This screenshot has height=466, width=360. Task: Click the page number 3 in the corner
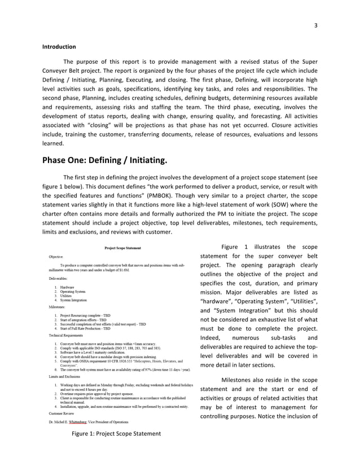point(316,25)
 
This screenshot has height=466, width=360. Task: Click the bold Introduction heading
point(59,47)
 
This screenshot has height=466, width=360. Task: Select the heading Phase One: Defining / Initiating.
point(105,161)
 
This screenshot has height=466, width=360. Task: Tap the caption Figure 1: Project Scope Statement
point(116,433)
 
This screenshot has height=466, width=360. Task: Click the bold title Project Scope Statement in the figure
point(122,248)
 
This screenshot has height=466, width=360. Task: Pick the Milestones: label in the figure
point(57,307)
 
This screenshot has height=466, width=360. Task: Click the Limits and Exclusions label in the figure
point(64,376)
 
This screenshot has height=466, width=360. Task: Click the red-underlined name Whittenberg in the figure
point(82,421)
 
